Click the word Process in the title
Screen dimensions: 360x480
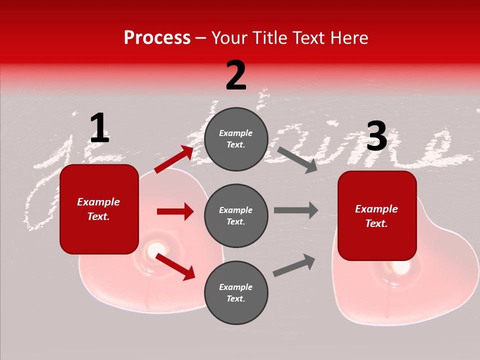(x=157, y=38)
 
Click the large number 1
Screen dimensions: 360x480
(x=99, y=128)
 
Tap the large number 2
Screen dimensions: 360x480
(x=236, y=75)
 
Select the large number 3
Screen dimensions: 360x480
(x=376, y=136)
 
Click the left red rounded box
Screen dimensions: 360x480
(x=99, y=209)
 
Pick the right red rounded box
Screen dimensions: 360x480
(x=377, y=215)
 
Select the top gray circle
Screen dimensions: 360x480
(x=236, y=139)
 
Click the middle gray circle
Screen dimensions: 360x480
(x=236, y=215)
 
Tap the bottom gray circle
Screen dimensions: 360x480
(x=236, y=292)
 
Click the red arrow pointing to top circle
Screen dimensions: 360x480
(x=174, y=159)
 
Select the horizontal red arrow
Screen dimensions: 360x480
(x=175, y=211)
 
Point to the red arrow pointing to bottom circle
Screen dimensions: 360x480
(x=175, y=266)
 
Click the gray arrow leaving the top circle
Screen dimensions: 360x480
(x=297, y=159)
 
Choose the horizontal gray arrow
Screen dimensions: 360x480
(x=296, y=210)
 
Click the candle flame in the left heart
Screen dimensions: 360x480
(x=156, y=248)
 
